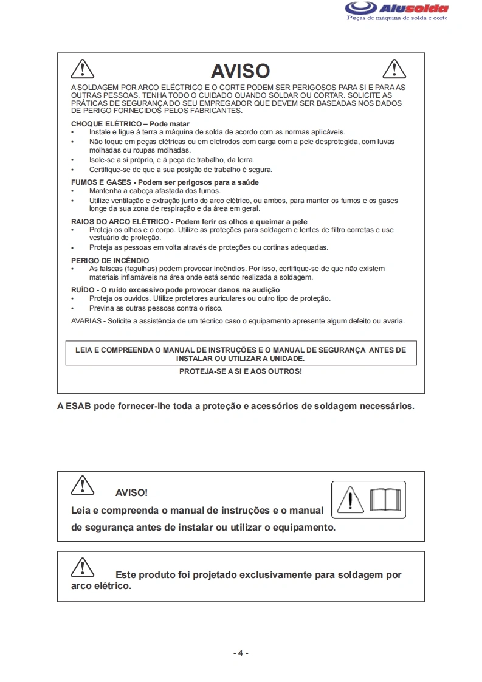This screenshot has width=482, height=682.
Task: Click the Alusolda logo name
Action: click(413, 9)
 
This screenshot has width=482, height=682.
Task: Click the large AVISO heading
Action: click(240, 71)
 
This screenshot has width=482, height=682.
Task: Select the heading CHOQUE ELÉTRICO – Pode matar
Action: click(130, 123)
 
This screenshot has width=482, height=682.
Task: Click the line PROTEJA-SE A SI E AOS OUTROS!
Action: click(240, 371)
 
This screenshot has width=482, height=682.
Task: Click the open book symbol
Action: click(386, 500)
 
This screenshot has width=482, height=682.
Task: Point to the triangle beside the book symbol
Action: click(351, 500)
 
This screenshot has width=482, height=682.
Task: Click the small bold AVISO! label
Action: click(131, 492)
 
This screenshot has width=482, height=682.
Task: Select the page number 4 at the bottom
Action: click(241, 653)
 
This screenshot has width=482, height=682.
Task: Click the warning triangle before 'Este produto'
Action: click(82, 567)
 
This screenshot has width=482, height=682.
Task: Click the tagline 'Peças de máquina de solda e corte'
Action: click(397, 18)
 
